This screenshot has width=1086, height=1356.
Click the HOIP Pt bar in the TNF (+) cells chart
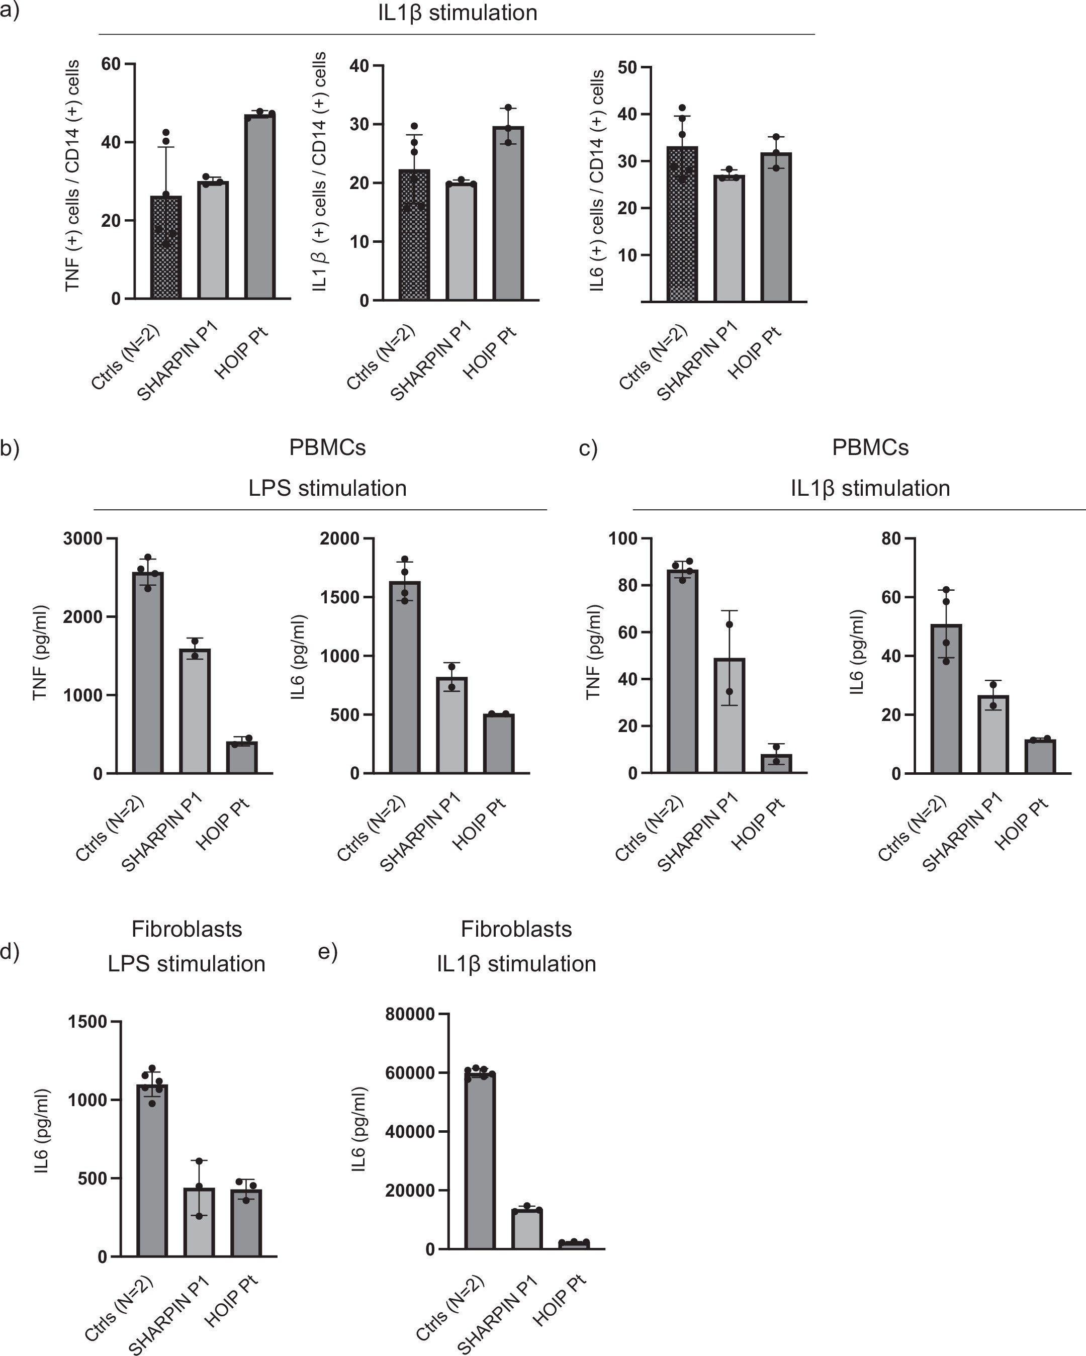[x=260, y=208]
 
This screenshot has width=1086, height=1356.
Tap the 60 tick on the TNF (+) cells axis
[x=111, y=64]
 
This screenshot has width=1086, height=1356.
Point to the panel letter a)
[x=10, y=12]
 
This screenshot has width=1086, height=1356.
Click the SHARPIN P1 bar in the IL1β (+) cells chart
[x=461, y=242]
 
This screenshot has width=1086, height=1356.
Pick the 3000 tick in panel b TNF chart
[x=82, y=539]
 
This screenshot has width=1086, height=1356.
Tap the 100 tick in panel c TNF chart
[x=622, y=539]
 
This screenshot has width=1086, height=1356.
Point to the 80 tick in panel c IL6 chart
[x=890, y=539]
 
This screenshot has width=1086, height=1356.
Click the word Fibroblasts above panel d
[x=187, y=930]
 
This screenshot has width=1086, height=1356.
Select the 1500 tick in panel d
[x=87, y=1022]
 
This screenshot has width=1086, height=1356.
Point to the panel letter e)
[x=328, y=952]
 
